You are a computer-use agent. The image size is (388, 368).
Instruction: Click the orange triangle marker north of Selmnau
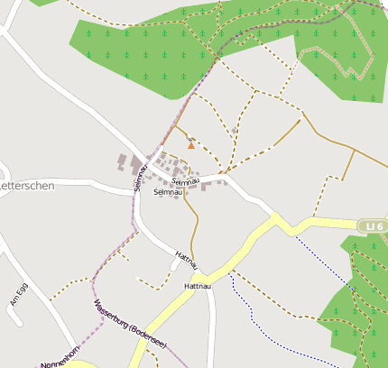pyautogui.click(x=190, y=144)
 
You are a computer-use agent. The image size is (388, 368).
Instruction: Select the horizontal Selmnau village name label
pyautogui.click(x=168, y=192)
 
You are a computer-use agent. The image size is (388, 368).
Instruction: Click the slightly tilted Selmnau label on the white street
pyautogui.click(x=184, y=181)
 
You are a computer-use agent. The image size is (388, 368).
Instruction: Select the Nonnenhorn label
pyautogui.click(x=59, y=357)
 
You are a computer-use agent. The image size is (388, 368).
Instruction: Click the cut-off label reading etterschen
pyautogui.click(x=28, y=185)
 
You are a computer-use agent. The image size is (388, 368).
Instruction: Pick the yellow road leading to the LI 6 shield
pyautogui.click(x=325, y=221)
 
